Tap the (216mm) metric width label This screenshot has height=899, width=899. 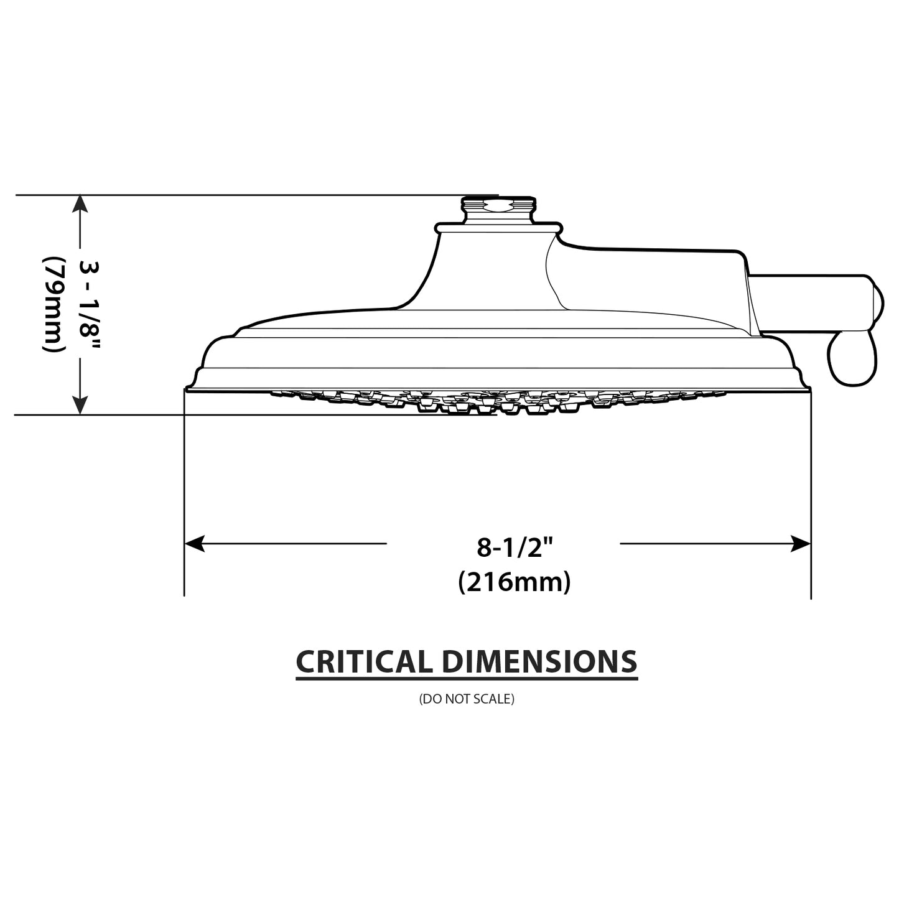(515, 582)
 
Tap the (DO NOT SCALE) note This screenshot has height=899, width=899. (467, 699)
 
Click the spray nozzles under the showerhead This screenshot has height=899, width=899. (498, 401)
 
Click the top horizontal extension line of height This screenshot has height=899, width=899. (249, 195)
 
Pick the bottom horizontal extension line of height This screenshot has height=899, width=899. (249, 414)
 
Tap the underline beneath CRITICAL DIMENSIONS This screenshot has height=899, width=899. (467, 678)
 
